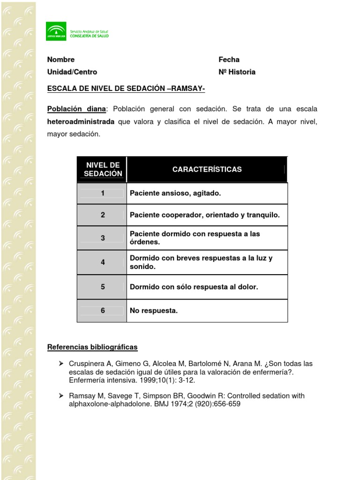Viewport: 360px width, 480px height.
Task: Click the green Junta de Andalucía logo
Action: tap(56, 31)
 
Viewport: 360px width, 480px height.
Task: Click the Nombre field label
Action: tap(60, 60)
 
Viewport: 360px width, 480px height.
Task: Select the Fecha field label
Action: tap(229, 60)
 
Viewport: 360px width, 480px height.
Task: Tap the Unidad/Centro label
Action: tap(72, 72)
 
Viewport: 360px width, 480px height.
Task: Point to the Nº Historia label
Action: tap(237, 72)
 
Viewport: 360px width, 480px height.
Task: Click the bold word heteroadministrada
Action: tap(81, 121)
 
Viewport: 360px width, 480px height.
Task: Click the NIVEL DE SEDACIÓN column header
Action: tap(103, 169)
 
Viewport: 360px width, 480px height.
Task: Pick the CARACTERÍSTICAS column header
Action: tap(207, 169)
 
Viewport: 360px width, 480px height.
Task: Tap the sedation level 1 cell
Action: tap(102, 193)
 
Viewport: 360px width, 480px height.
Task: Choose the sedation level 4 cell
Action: tap(102, 262)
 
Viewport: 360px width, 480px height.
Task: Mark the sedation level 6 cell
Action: tap(102, 310)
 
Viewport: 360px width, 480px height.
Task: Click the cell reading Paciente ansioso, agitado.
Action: tap(175, 193)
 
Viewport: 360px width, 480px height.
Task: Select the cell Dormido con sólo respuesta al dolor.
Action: tap(194, 287)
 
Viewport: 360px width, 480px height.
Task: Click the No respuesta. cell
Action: tap(154, 310)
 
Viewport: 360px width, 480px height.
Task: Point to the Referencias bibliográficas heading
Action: tap(92, 347)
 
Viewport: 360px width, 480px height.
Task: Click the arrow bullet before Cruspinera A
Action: tap(60, 364)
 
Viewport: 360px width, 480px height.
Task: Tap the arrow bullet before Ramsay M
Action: tap(60, 396)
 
